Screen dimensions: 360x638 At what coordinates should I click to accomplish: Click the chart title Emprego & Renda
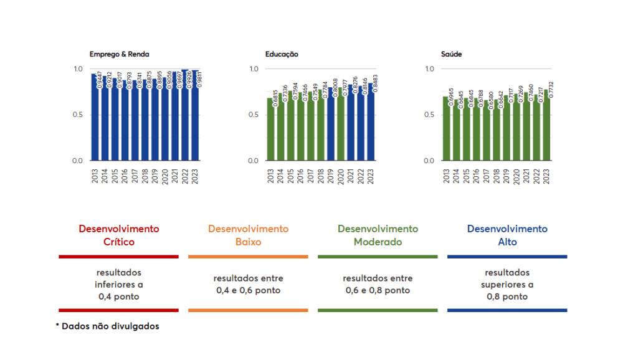click(120, 54)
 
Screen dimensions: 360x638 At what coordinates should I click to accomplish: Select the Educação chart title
click(282, 54)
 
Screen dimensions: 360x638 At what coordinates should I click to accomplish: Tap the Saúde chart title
click(452, 54)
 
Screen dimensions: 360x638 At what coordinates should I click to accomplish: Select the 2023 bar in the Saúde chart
click(546, 125)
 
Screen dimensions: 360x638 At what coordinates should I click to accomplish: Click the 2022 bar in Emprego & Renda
click(185, 115)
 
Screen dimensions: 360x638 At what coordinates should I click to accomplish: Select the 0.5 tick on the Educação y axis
click(254, 115)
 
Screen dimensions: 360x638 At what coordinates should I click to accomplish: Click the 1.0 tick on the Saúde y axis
click(429, 69)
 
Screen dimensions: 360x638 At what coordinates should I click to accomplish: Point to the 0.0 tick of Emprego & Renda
click(78, 161)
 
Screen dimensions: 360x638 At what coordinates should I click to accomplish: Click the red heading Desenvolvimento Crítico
click(118, 235)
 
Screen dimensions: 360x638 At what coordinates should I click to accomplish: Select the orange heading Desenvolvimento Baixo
click(248, 235)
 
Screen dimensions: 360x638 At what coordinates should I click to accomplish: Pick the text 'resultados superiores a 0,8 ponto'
click(507, 285)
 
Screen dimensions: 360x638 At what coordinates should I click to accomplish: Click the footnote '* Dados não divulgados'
click(107, 326)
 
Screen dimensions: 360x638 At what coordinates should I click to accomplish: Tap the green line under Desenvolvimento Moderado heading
click(378, 257)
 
